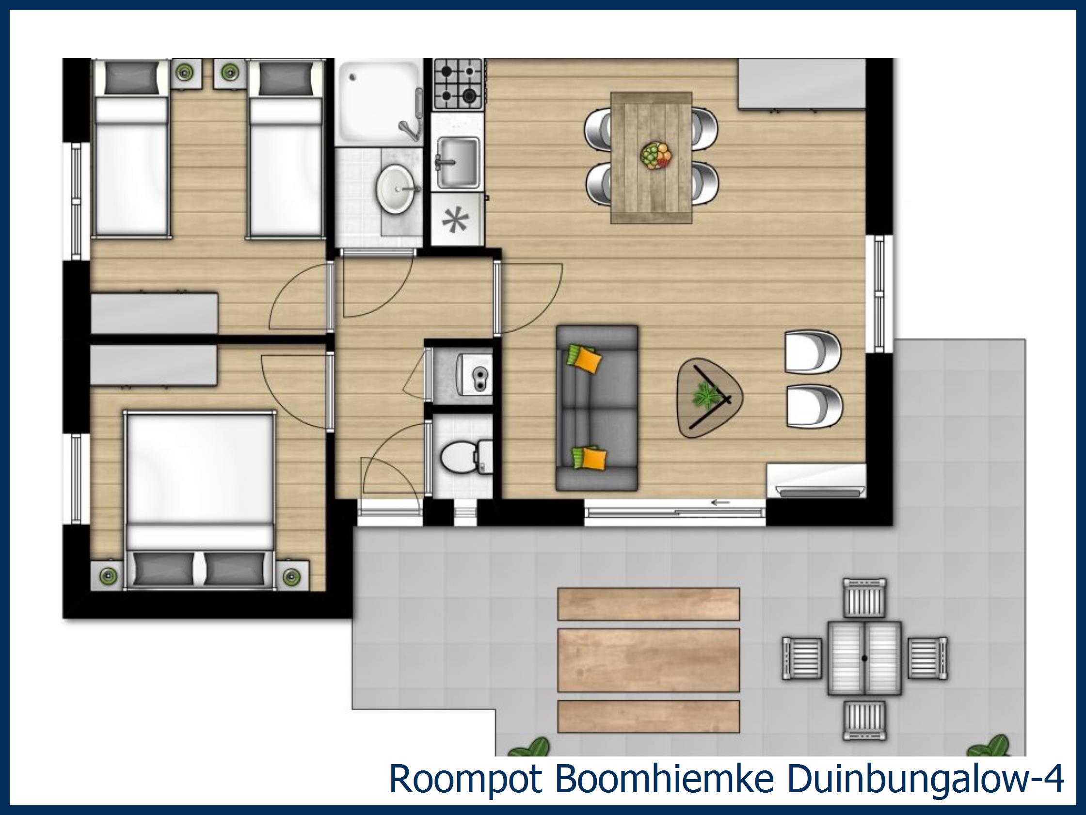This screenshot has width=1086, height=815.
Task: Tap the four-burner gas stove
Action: (x=458, y=83)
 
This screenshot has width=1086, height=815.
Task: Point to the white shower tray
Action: (x=378, y=102)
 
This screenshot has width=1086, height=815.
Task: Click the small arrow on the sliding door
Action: (x=720, y=502)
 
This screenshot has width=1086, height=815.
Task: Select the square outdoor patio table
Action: (x=864, y=658)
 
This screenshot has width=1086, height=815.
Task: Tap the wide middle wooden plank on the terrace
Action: (x=649, y=660)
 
